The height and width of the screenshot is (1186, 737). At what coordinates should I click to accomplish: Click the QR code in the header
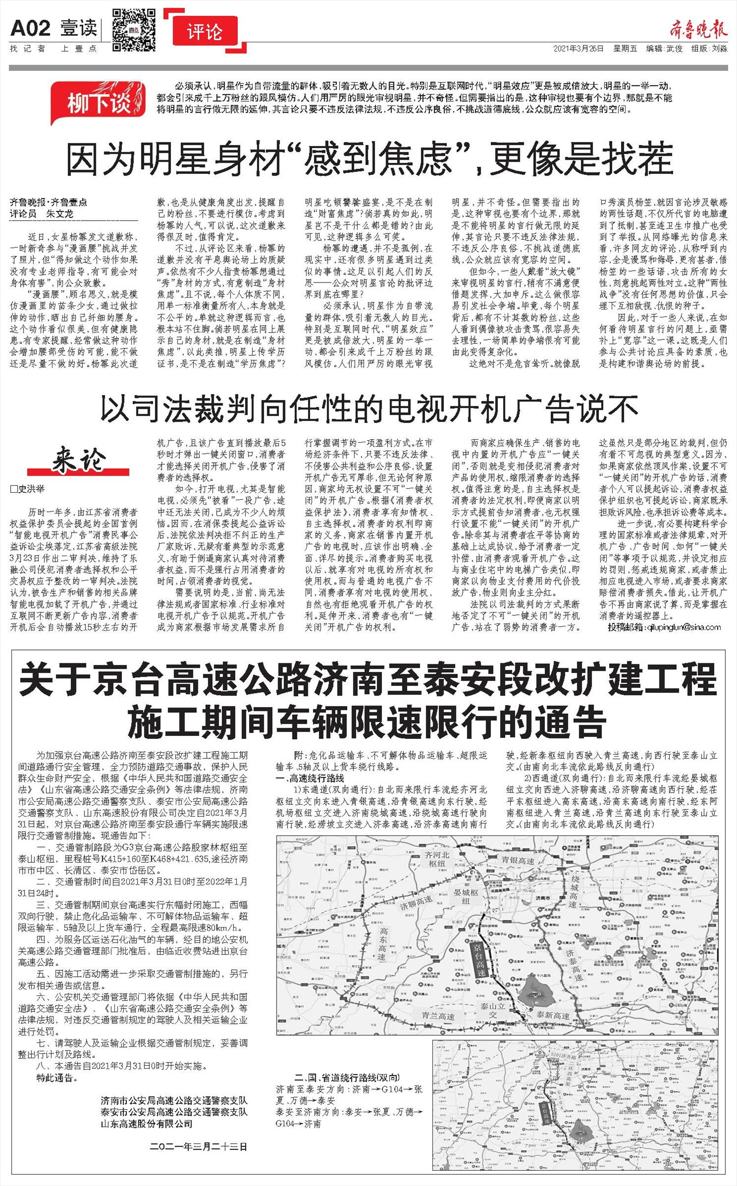tap(134, 29)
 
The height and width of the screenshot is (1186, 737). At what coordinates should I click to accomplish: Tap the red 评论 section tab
tap(205, 33)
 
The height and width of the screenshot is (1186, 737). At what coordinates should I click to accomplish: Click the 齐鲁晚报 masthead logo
tap(698, 30)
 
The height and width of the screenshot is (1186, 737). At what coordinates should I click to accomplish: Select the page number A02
tap(30, 28)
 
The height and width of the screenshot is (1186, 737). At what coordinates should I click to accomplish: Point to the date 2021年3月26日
tap(578, 49)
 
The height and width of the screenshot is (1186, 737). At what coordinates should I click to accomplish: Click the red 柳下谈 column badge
tap(100, 102)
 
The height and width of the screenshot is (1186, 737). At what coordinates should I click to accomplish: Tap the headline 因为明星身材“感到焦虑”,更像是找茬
tap(369, 158)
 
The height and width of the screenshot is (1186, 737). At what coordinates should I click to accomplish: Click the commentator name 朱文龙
tap(59, 214)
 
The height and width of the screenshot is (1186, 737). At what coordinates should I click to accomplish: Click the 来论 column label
tap(79, 460)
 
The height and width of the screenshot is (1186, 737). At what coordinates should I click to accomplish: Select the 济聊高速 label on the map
tap(415, 903)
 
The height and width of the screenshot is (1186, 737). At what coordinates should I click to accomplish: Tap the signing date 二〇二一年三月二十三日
tap(198, 1147)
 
